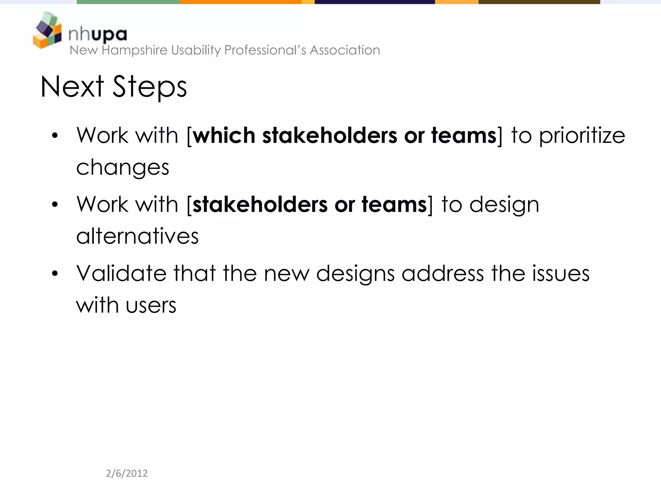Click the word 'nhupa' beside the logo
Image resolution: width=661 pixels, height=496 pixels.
pyautogui.click(x=98, y=34)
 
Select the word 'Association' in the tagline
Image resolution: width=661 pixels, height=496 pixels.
pyautogui.click(x=345, y=50)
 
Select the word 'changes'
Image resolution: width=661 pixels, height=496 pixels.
pyautogui.click(x=123, y=168)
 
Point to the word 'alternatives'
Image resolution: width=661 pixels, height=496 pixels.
pyautogui.click(x=137, y=236)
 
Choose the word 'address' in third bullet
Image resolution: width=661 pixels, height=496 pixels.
pyautogui.click(x=442, y=274)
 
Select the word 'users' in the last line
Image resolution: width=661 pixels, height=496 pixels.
pyautogui.click(x=151, y=305)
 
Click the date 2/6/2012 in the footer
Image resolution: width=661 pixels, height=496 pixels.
pyautogui.click(x=127, y=473)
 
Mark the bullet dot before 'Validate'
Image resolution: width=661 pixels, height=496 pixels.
pyautogui.click(x=55, y=274)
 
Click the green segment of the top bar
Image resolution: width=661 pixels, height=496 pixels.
pyautogui.click(x=128, y=2)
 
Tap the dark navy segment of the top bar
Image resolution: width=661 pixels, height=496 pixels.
pyautogui.click(x=374, y=2)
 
